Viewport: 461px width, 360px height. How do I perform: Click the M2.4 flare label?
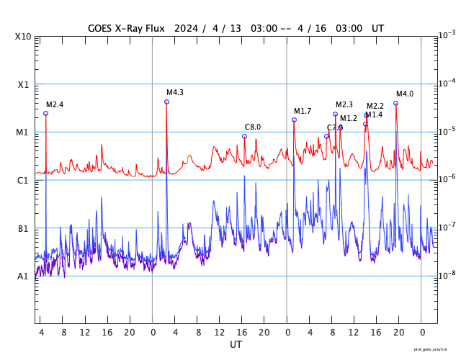click(55, 105)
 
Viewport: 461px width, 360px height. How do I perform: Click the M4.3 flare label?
click(175, 93)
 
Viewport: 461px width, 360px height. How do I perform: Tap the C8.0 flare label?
click(253, 127)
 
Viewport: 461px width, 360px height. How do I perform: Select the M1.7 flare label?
click(303, 112)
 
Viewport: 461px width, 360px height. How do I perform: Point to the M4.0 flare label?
click(405, 94)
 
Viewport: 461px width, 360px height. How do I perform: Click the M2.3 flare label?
click(344, 105)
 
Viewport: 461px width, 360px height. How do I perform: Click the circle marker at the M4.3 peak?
click(166, 102)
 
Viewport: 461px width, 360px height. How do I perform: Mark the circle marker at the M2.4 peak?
click(45, 114)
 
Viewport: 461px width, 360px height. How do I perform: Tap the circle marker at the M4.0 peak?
click(395, 103)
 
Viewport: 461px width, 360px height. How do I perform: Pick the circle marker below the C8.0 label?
click(244, 136)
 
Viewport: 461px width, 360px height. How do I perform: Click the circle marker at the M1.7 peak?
click(294, 120)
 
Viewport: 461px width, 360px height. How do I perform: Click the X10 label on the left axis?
click(24, 37)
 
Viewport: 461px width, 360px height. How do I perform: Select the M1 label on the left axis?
click(24, 132)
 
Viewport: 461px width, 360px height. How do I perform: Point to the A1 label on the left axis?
click(24, 276)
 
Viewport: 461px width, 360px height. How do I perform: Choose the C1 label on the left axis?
click(24, 181)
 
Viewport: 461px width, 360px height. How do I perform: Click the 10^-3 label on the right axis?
click(447, 35)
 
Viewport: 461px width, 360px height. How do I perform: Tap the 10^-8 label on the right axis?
click(447, 275)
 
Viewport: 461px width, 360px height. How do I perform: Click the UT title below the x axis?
click(236, 345)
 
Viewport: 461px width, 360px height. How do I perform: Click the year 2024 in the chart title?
click(185, 28)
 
